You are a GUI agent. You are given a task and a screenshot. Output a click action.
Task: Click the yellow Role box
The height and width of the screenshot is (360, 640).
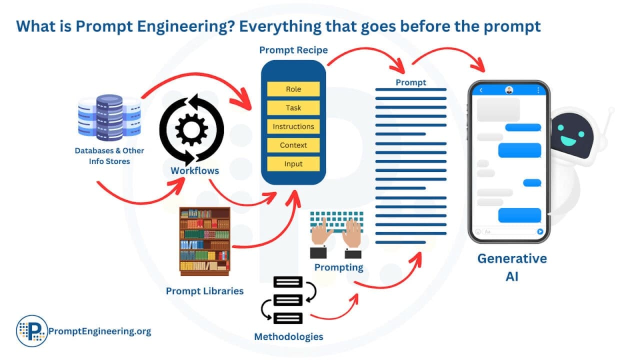point(293,89)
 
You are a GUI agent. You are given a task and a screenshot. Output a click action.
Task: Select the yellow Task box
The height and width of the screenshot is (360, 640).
point(293,108)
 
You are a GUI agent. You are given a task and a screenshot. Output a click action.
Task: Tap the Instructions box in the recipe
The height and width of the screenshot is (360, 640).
point(293,126)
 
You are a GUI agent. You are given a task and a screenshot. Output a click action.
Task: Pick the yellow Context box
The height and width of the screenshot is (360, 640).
point(293,145)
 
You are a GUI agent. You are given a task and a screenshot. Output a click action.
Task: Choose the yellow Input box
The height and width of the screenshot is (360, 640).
point(293,164)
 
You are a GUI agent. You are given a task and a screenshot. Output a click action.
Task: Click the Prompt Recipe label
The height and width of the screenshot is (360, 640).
point(293,50)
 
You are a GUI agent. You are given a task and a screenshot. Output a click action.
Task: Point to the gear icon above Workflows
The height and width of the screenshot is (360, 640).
point(191,129)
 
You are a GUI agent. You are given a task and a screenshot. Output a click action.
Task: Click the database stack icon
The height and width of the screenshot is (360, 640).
point(109,118)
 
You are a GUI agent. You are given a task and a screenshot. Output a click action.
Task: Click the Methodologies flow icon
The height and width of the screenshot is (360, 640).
point(288,300)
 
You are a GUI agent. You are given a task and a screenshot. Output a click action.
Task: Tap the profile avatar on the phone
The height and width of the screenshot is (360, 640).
point(509,90)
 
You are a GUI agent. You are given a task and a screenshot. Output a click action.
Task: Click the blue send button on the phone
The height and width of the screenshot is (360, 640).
point(540,231)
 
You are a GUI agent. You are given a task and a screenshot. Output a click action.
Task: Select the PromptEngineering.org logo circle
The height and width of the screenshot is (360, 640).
point(31,330)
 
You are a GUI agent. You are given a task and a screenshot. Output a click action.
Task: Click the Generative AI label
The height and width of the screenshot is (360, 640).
point(511,267)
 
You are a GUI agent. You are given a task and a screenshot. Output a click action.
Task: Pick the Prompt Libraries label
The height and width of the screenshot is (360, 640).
point(204,290)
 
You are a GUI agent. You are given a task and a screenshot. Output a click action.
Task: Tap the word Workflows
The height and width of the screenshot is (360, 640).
point(194,170)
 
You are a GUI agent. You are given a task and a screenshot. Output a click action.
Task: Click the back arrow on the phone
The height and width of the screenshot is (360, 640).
point(481,90)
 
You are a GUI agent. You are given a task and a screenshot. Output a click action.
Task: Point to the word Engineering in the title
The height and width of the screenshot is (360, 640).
point(170,26)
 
